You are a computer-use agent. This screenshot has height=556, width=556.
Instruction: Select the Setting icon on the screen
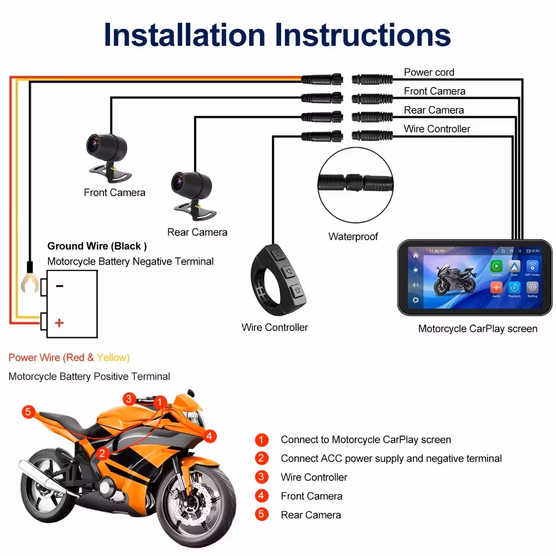pyautogui.click(x=532, y=288)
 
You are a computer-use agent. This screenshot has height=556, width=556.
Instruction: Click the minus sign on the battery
pyautogui.click(x=60, y=286)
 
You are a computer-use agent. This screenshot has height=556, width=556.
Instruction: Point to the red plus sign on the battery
pyautogui.click(x=60, y=323)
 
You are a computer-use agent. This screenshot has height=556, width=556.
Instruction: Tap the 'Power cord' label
pyautogui.click(x=429, y=73)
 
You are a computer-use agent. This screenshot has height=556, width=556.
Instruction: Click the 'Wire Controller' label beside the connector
pyautogui.click(x=437, y=129)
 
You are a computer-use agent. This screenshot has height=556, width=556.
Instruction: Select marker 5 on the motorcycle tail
pyautogui.click(x=29, y=412)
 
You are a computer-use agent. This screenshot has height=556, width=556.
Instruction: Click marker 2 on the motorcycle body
pyautogui.click(x=103, y=453)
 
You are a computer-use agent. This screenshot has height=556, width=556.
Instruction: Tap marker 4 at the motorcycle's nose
pyautogui.click(x=208, y=437)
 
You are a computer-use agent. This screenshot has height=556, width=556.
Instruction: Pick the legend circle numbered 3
pyautogui.click(x=262, y=477)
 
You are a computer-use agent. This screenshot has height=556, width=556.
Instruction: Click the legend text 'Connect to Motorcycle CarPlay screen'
pyautogui.click(x=366, y=440)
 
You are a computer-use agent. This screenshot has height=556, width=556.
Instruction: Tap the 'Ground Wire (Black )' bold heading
pyautogui.click(x=97, y=246)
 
